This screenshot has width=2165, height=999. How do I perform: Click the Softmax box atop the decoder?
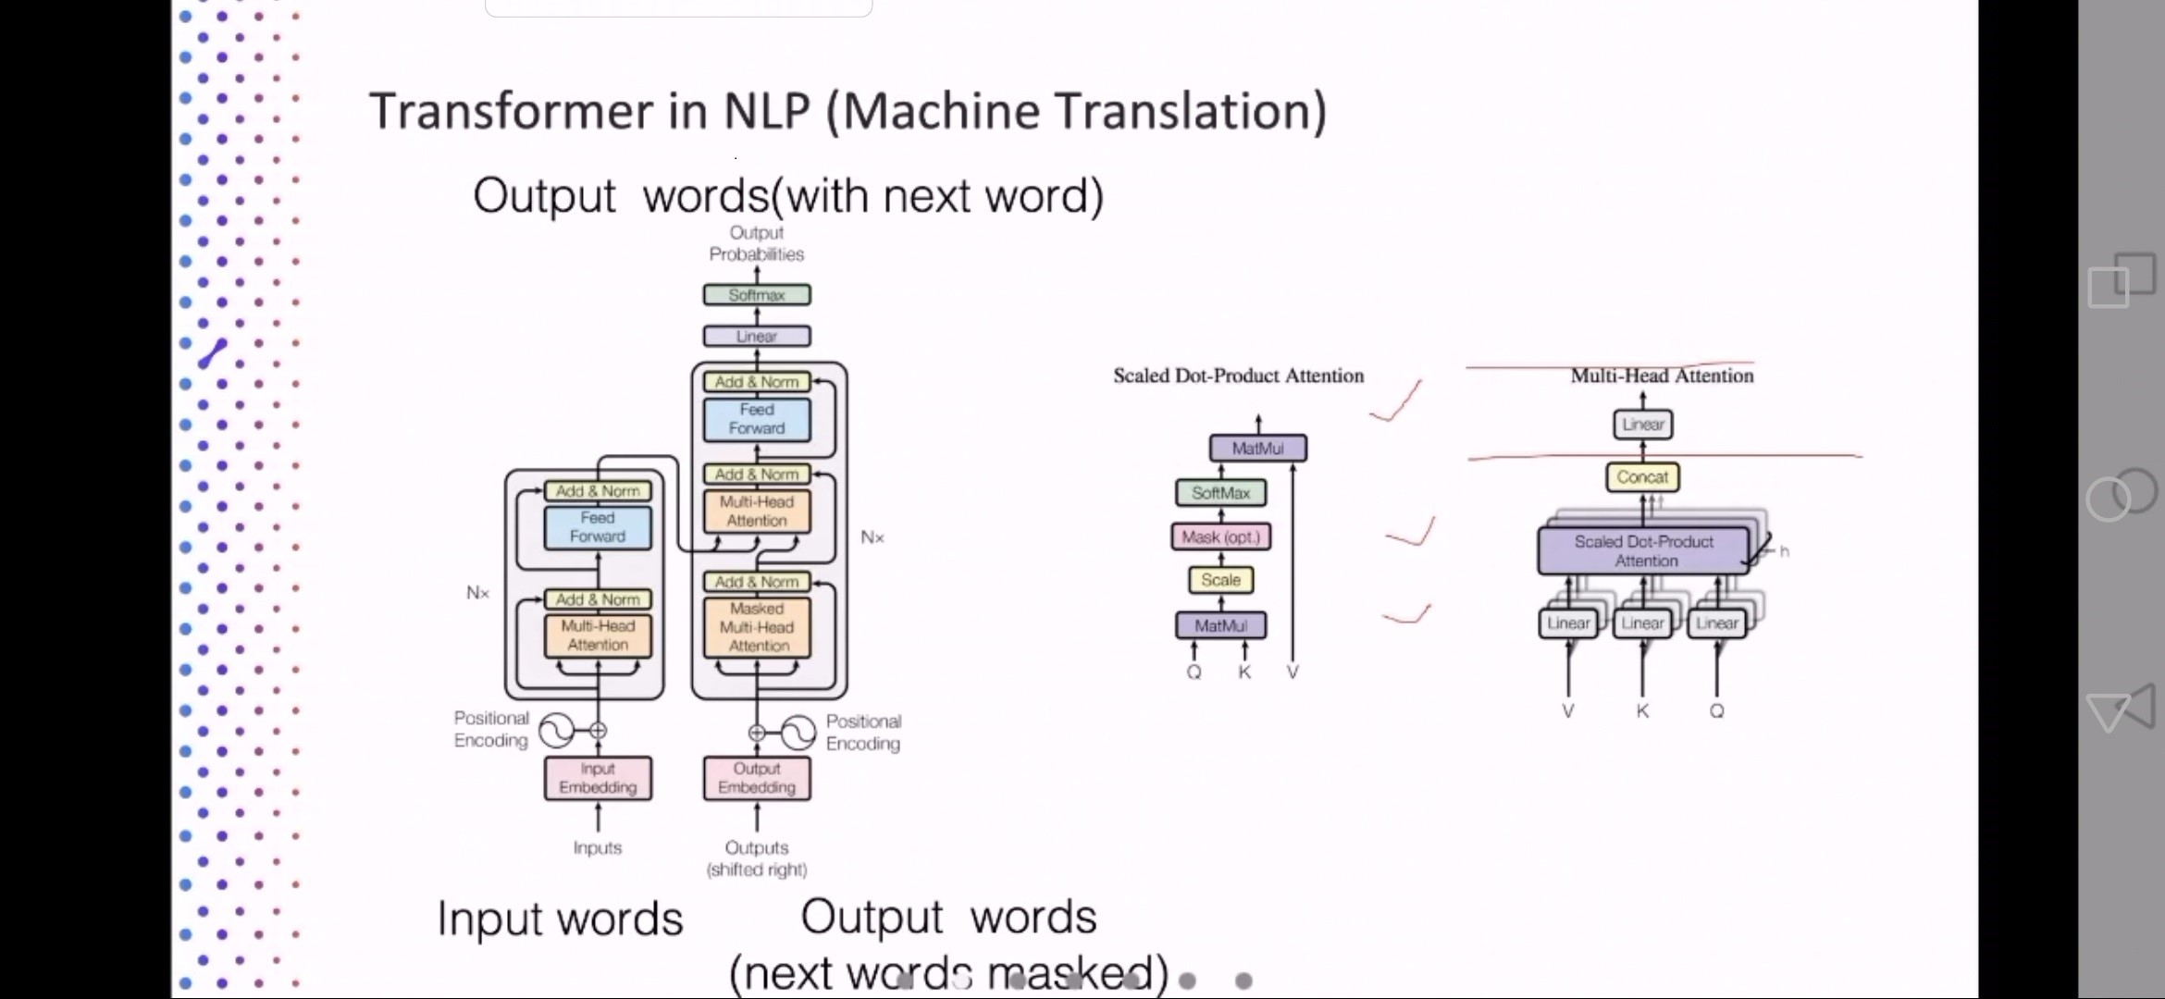[x=757, y=295]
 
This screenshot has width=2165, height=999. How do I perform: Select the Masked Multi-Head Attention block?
[x=757, y=627]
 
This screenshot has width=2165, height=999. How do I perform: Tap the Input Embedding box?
[x=598, y=778]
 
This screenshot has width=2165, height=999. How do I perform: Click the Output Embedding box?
[x=757, y=778]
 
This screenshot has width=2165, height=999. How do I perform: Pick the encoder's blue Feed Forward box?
[x=598, y=527]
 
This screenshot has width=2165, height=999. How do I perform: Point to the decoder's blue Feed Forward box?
[x=757, y=419]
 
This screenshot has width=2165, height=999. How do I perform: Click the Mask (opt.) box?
[x=1220, y=536]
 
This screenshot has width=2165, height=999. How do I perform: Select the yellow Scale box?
[x=1220, y=580]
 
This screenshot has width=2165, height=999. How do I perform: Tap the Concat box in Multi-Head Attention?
[x=1642, y=477]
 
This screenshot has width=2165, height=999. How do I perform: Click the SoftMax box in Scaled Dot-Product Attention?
[x=1220, y=493]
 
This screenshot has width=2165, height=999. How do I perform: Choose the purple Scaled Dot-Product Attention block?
[x=1643, y=550]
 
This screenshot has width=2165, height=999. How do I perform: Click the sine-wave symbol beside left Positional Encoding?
[x=557, y=730]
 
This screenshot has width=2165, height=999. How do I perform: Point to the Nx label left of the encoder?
[x=477, y=593]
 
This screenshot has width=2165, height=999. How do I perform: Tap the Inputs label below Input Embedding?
[x=598, y=847]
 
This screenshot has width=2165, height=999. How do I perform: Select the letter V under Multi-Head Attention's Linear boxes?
[x=1567, y=710]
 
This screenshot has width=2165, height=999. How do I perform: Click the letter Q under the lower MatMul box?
[x=1194, y=672]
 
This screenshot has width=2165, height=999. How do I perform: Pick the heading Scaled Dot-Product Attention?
[x=1238, y=376]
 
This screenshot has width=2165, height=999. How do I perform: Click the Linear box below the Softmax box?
[x=757, y=336]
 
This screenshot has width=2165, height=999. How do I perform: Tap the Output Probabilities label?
[x=757, y=243]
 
